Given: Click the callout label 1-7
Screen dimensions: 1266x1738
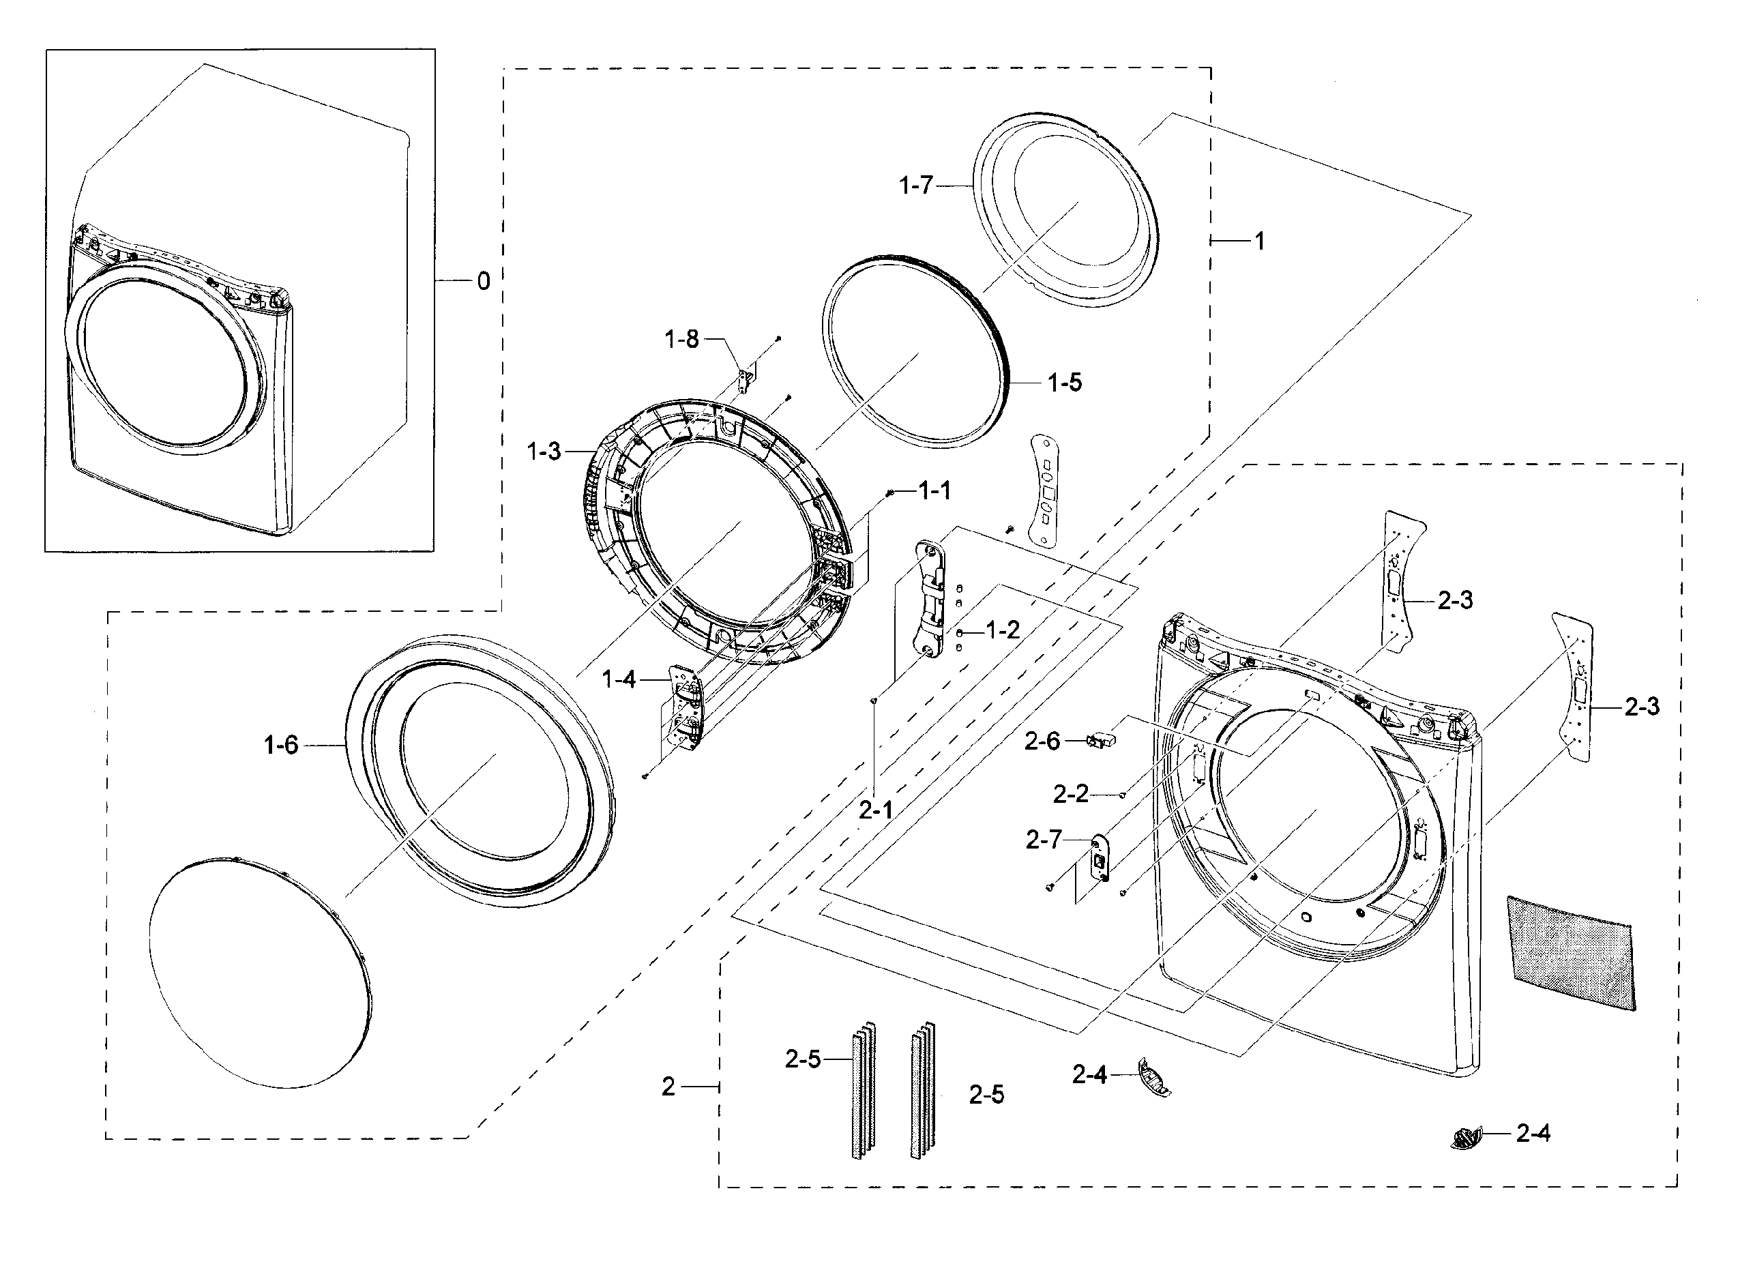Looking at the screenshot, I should click(916, 185).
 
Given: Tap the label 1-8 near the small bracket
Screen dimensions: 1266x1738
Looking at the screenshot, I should click(681, 339).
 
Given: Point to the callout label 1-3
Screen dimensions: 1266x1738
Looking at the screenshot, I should click(544, 452).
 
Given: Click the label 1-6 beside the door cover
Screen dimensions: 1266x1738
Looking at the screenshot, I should click(280, 744).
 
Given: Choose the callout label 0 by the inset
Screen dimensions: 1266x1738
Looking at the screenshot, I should click(483, 281).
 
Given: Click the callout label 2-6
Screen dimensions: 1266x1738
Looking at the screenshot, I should click(1042, 741).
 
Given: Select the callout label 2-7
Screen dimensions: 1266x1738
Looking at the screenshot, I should click(1044, 840).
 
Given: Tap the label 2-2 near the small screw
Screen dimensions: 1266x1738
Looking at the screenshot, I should click(1070, 795).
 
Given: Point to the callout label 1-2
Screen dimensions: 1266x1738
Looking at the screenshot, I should click(1002, 631).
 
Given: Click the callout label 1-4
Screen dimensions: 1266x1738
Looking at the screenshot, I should click(619, 679).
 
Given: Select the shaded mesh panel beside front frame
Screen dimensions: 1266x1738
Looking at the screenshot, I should click(1570, 952).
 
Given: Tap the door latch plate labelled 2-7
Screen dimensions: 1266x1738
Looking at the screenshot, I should click(1100, 859).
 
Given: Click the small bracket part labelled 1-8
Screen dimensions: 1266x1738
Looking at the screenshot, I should click(743, 380).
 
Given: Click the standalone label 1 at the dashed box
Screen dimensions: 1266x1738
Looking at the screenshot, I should click(1259, 241).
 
